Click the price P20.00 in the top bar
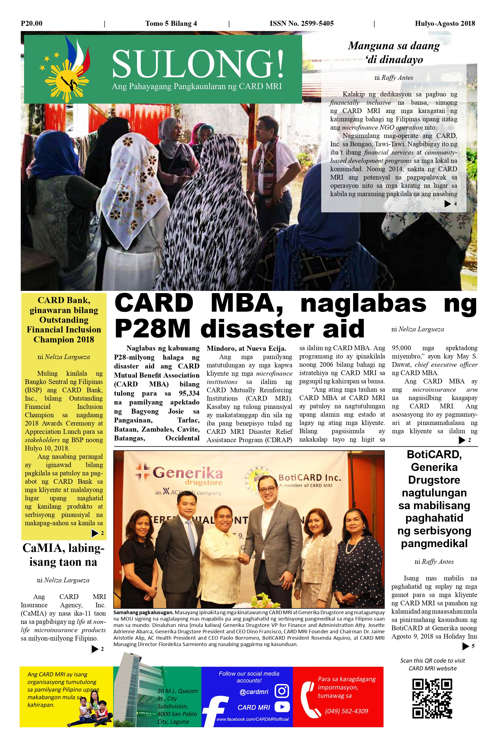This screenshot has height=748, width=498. click(32, 24)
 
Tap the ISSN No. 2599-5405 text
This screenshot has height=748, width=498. click(301, 24)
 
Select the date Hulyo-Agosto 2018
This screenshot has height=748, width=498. click(445, 24)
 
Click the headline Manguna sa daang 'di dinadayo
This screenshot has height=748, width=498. click(394, 52)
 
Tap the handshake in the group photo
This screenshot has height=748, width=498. click(243, 559)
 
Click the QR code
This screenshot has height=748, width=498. click(432, 699)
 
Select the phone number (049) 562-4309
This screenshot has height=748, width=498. click(346, 711)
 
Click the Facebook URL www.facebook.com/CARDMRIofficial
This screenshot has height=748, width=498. click(253, 719)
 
